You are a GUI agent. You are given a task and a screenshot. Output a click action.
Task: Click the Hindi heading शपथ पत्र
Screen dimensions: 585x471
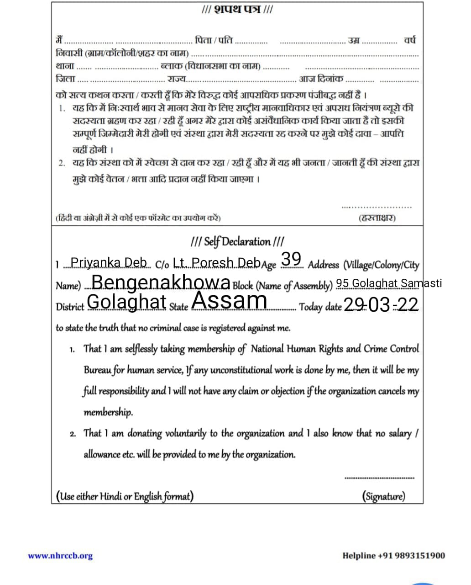(x=237, y=10)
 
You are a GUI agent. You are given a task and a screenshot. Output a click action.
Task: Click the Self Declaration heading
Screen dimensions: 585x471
(x=237, y=241)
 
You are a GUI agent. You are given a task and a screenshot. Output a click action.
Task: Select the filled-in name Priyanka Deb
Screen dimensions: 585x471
(x=109, y=263)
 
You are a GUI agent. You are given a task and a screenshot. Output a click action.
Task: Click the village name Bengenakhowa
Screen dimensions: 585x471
(x=161, y=283)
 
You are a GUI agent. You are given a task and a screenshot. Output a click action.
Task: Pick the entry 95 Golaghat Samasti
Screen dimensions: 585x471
(x=389, y=283)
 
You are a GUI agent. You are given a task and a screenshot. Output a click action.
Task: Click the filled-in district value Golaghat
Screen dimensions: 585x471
(x=126, y=302)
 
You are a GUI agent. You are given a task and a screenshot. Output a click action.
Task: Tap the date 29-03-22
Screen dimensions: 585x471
(x=381, y=304)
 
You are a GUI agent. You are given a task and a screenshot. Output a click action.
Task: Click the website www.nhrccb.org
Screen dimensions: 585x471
(x=60, y=556)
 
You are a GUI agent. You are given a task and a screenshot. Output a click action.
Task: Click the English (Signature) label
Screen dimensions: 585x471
(x=383, y=496)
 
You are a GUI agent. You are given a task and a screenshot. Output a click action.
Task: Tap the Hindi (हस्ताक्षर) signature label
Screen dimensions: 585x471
(x=377, y=218)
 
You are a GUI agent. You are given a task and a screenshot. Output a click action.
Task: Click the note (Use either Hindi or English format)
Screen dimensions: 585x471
(x=125, y=496)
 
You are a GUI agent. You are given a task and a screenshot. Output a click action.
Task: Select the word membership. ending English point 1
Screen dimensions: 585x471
(x=108, y=412)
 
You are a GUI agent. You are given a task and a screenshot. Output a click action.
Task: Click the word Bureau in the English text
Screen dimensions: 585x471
(x=97, y=370)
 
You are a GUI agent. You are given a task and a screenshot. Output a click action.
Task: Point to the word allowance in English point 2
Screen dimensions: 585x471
(x=102, y=455)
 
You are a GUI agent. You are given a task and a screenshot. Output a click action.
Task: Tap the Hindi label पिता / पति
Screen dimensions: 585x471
(x=214, y=40)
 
